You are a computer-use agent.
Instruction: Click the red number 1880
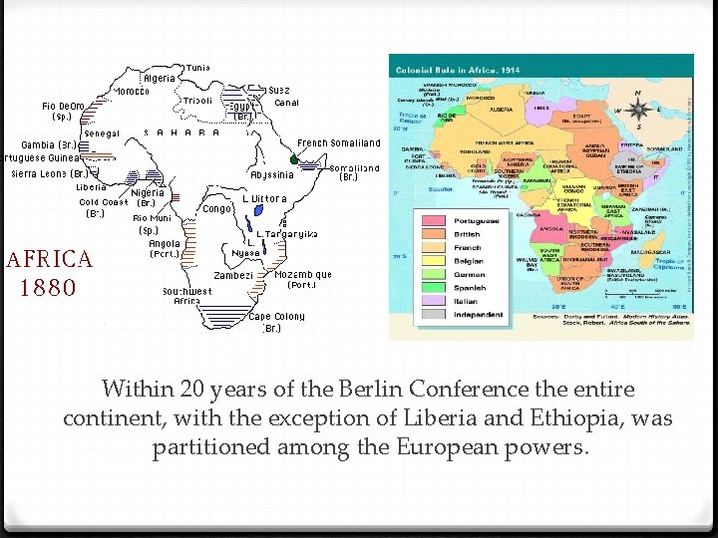click(x=47, y=288)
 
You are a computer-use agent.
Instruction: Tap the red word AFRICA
click(x=50, y=260)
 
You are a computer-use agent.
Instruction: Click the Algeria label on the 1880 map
click(x=160, y=78)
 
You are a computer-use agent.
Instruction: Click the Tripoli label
click(x=198, y=101)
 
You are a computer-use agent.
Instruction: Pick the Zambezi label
click(x=233, y=275)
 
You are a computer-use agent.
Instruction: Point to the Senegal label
click(x=102, y=134)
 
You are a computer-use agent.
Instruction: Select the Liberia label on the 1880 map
click(x=92, y=186)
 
